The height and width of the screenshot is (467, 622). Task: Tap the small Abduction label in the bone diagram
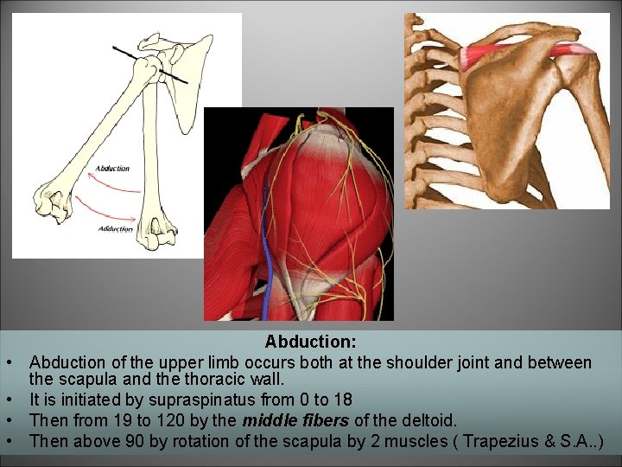tap(112, 168)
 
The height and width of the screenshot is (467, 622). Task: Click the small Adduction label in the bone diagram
tap(116, 228)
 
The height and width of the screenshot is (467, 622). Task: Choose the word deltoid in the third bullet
tap(428, 420)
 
